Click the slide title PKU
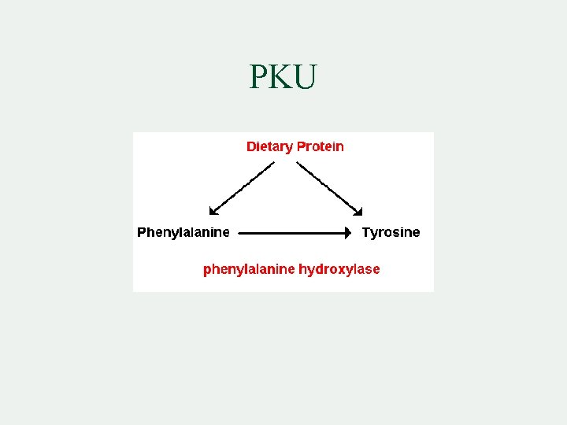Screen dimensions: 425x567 coord(283,77)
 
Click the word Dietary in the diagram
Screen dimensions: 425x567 coord(269,146)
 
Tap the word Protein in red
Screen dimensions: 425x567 coord(321,146)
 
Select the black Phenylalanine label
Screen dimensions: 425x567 coord(183,232)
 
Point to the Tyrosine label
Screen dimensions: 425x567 coord(391,232)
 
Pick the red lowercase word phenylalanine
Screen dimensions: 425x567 coord(248,269)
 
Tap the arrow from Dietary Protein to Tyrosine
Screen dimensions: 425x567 coord(328,187)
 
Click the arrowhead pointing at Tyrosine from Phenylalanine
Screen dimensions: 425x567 coord(346,233)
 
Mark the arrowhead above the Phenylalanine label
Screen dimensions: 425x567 coord(213,210)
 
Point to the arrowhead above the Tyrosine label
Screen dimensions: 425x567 coord(358,210)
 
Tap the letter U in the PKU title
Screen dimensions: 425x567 coord(305,77)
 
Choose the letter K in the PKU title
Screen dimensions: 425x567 coord(281,77)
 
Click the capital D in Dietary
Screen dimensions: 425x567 coord(251,146)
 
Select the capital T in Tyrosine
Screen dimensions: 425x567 coord(366,232)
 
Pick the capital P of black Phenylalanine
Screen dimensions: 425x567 coord(142,232)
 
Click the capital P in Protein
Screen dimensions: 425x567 coord(301,146)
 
